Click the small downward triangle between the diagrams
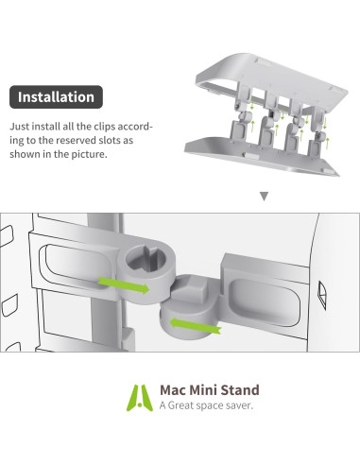264,198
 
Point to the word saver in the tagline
244,405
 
